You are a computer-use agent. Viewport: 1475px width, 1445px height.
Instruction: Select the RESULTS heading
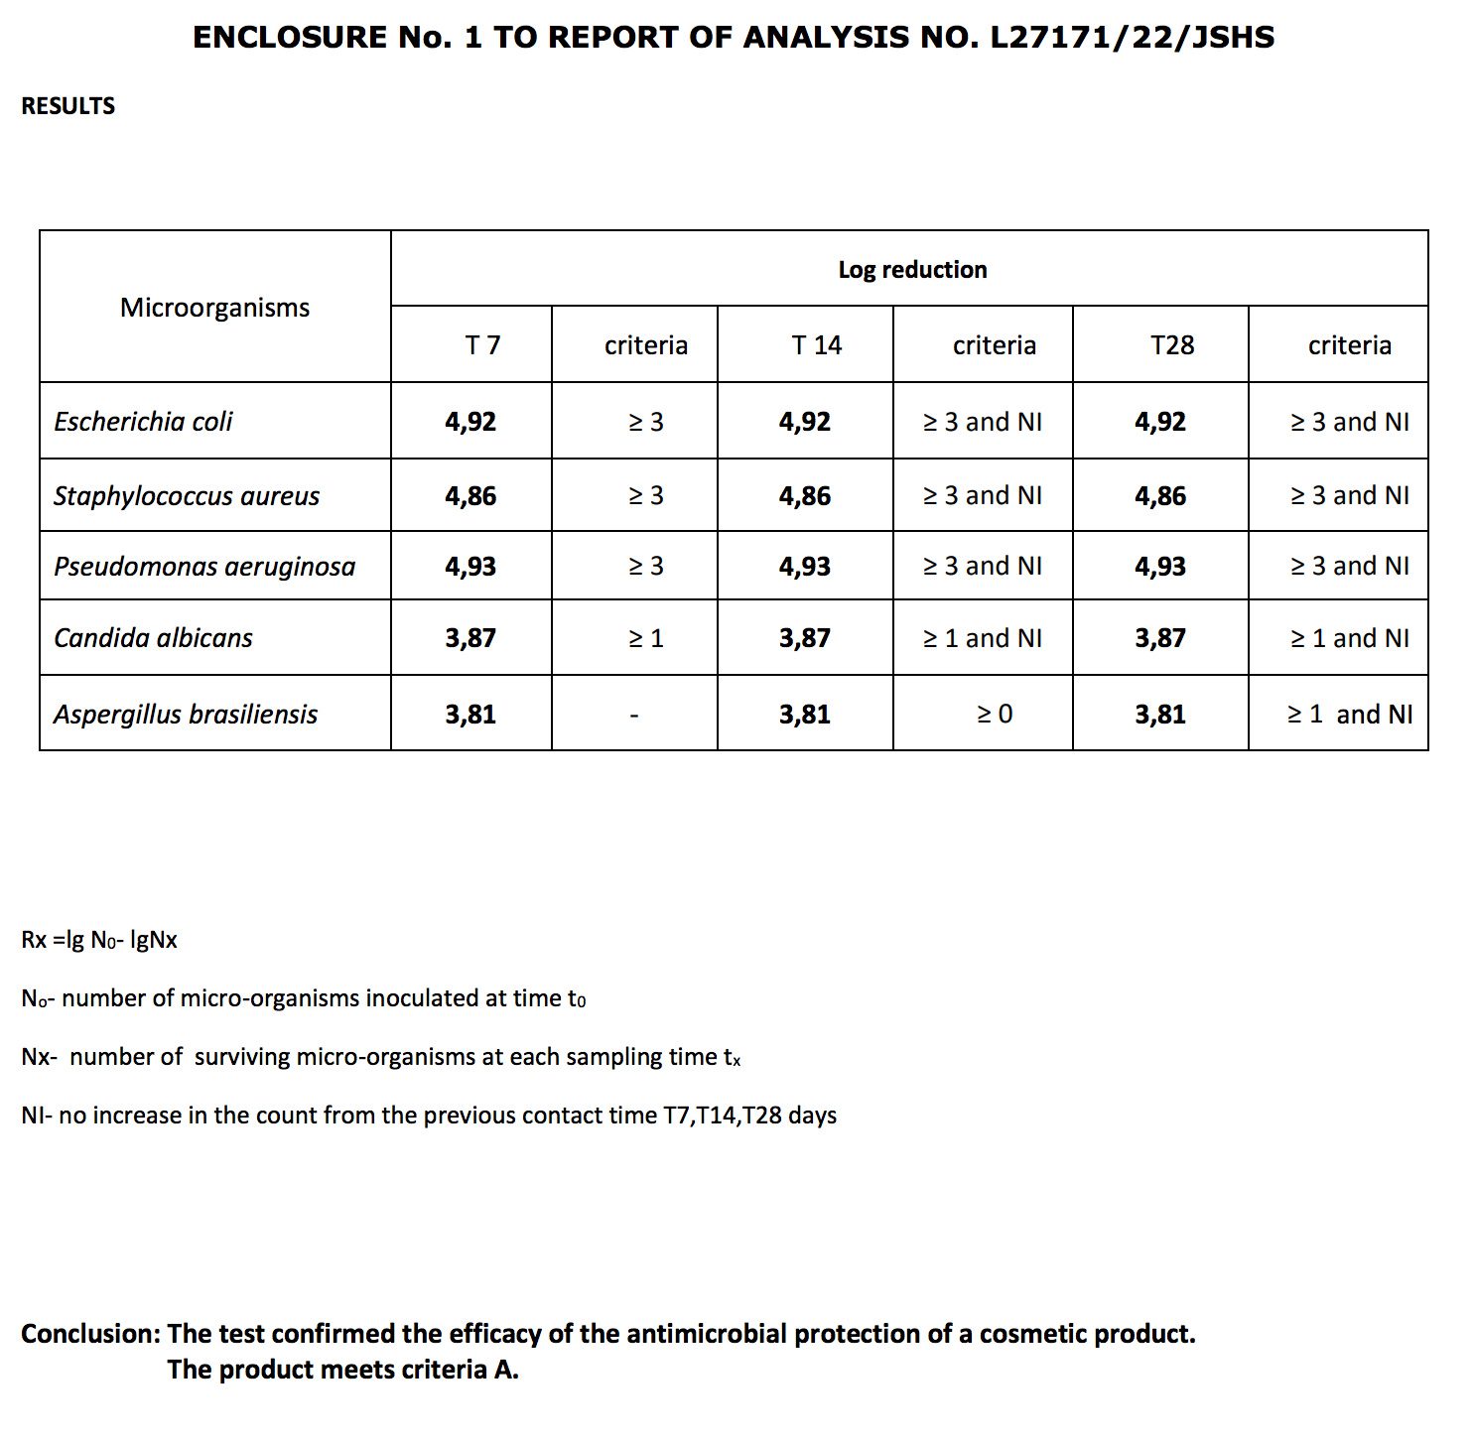pos(67,106)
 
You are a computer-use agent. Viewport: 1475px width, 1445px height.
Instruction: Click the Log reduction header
pos(912,270)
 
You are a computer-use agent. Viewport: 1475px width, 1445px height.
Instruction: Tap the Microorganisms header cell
pos(214,308)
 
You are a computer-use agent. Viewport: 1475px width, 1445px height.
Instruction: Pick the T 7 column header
pos(482,345)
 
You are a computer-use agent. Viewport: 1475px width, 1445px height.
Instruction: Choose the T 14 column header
pos(816,345)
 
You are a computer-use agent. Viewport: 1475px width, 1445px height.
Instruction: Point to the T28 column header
pos(1172,345)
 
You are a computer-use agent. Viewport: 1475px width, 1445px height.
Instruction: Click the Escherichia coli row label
pos(143,422)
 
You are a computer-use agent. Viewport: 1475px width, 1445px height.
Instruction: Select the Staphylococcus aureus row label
pos(187,496)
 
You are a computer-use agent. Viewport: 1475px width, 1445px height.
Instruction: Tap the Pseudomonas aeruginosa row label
pos(204,567)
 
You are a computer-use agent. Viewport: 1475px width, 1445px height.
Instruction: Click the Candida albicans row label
pos(153,638)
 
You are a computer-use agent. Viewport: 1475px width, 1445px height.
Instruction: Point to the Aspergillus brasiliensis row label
pos(186,715)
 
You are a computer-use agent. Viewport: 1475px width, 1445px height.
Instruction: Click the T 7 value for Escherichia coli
pos(470,422)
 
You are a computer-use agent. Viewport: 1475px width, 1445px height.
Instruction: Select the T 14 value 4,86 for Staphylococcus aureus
pos(805,496)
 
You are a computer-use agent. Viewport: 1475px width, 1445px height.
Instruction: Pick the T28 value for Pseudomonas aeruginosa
pos(1160,567)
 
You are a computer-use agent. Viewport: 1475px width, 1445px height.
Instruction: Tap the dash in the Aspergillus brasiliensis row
pos(634,715)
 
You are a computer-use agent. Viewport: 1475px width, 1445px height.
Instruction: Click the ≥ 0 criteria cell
pos(995,715)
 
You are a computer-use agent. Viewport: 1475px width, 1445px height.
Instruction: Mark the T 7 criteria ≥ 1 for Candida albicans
pos(646,638)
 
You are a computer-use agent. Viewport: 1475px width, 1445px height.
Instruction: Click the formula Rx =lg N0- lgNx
pos(99,940)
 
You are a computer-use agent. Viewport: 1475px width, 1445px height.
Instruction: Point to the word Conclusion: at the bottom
pos(90,1334)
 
